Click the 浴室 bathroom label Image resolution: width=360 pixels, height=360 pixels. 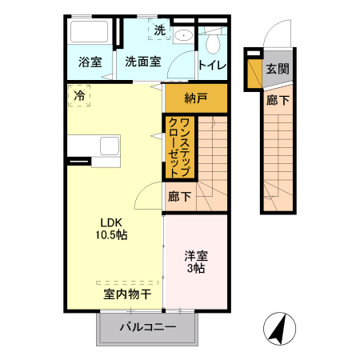tap(90, 62)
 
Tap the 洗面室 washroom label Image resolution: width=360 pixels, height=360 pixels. tap(143, 62)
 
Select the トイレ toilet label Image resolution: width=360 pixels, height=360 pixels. tap(212, 64)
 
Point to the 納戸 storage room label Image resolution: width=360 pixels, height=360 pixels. tap(195, 98)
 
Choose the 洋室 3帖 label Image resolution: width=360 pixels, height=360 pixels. tap(196, 262)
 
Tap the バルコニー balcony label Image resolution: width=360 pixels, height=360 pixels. tap(148, 326)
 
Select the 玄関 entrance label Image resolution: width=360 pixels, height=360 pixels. tap(278, 69)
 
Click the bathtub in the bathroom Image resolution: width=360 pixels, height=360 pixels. tap(90, 34)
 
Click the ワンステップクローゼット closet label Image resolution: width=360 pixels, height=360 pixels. tap(179, 147)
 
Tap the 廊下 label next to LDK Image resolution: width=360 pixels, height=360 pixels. tap(179, 196)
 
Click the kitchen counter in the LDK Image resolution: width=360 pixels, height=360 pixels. tap(94, 146)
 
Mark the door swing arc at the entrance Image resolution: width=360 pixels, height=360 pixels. tap(270, 36)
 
